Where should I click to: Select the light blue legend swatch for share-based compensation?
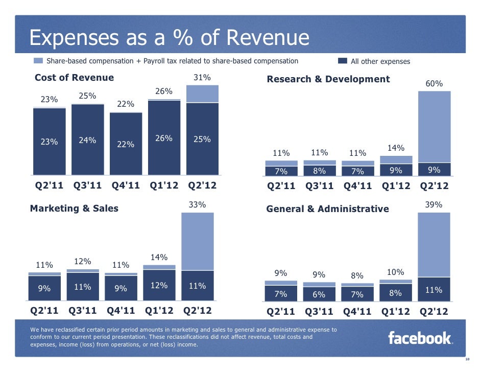coord(38,61)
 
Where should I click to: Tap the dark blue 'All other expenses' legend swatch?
coord(342,61)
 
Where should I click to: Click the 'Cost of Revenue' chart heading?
coord(74,78)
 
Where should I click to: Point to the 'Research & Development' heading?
coord(328,79)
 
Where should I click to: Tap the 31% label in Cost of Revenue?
coord(202,78)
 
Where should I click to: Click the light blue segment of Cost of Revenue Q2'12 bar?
coord(202,94)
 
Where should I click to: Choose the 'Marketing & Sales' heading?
coord(74,208)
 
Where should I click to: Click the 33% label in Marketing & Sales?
coord(197,205)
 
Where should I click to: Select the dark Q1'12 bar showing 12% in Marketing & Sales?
coord(159,286)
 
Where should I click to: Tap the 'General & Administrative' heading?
coord(327,208)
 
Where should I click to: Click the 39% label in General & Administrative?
coord(434,204)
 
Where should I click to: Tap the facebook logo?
coord(420,338)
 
